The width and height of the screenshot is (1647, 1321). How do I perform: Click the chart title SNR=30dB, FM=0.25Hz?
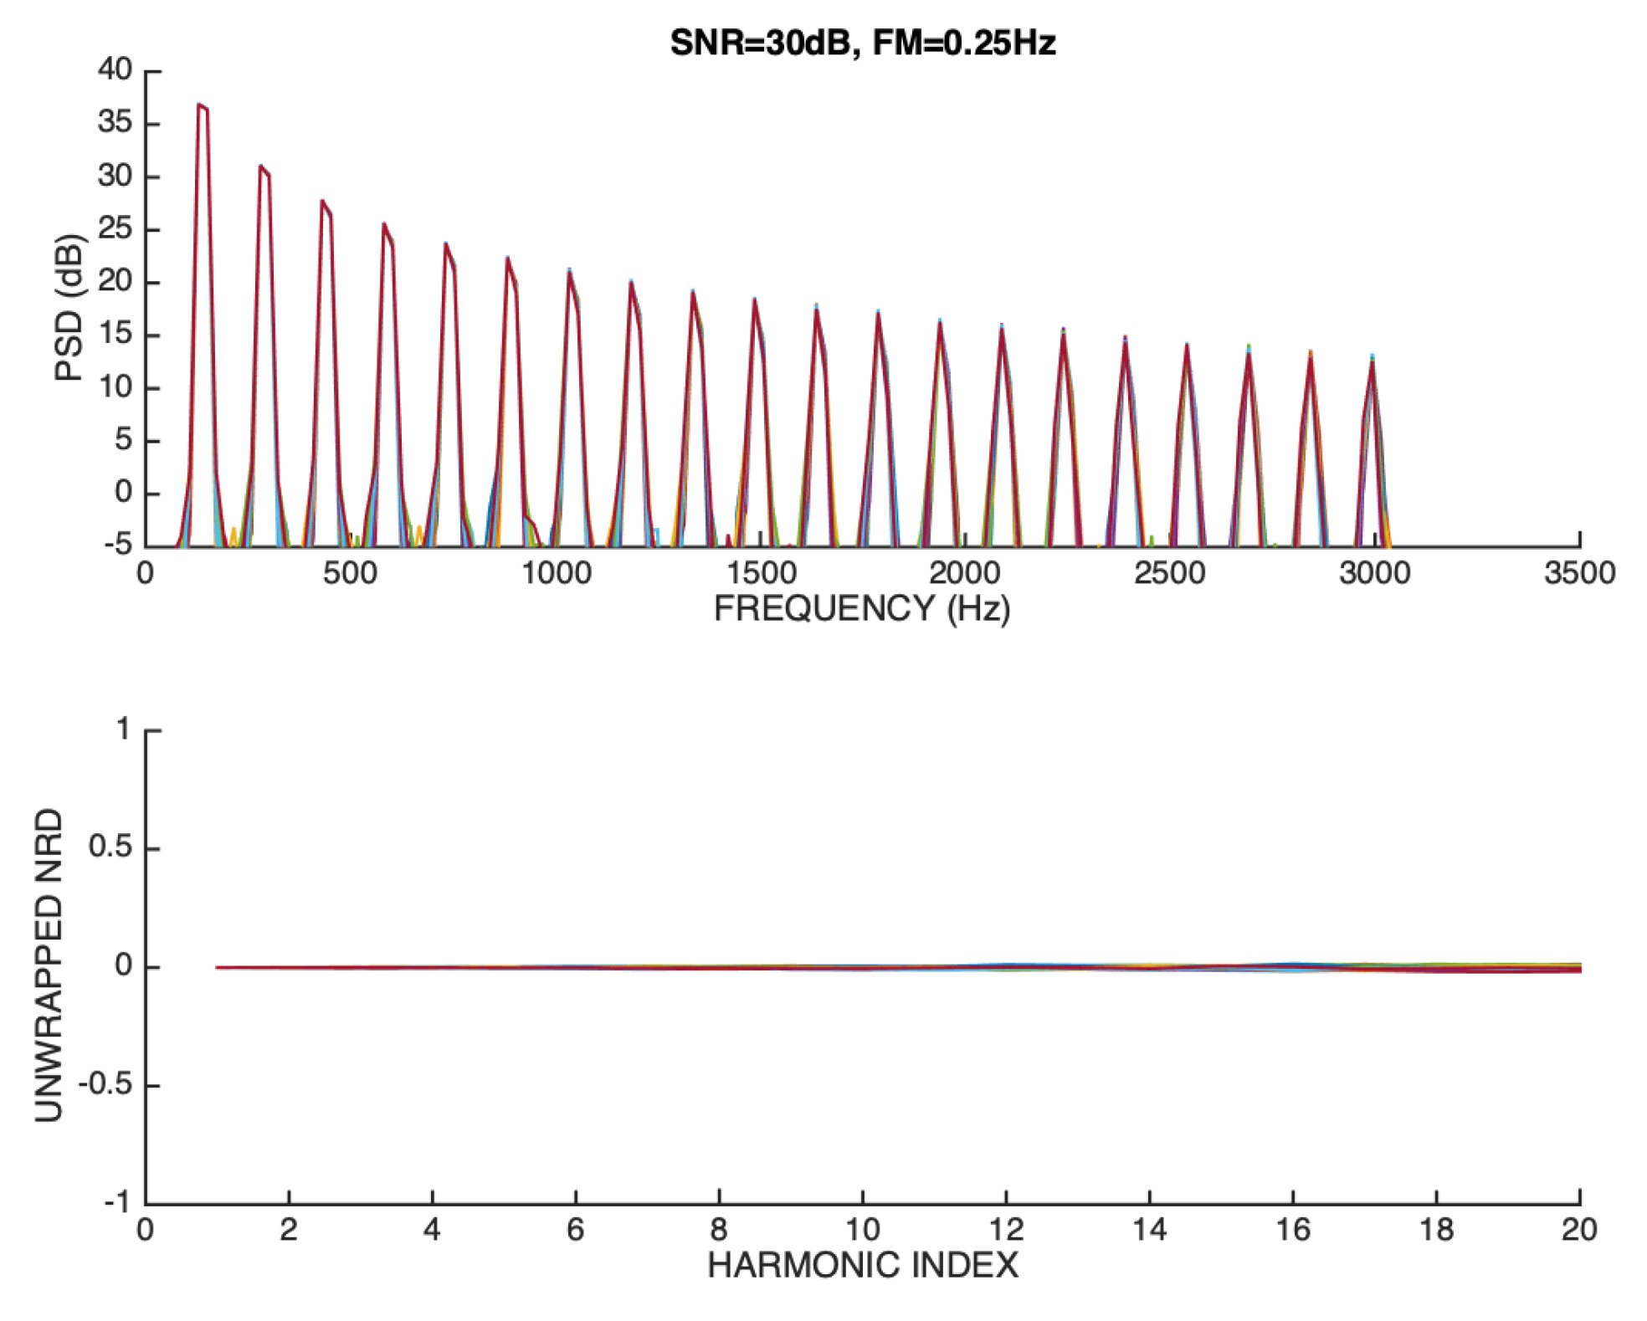862,42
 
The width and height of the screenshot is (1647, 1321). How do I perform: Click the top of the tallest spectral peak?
199,105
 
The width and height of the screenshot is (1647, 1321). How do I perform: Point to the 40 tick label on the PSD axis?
115,69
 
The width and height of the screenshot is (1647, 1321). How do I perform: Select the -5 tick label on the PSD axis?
118,545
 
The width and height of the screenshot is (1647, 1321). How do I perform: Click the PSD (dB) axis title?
69,308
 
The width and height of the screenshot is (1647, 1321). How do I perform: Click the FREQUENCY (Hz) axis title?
862,608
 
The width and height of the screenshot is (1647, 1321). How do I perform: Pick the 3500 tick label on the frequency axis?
1578,574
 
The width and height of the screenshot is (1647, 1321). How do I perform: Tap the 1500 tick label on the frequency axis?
760,574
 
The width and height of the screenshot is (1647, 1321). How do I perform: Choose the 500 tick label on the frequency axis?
350,574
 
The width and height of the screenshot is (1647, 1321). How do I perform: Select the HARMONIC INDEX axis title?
862,1265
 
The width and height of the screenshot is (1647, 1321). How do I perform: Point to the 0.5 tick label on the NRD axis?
110,847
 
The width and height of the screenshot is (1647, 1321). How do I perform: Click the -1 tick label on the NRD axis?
118,1202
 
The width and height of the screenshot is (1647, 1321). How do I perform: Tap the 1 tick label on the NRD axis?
124,729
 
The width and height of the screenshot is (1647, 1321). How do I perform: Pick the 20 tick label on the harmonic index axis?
1578,1230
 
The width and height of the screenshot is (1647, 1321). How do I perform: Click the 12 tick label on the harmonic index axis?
1006,1230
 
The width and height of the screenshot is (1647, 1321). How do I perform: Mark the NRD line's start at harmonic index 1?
218,967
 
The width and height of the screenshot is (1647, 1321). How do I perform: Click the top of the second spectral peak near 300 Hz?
261,166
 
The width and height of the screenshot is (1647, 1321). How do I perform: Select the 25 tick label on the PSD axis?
115,228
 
